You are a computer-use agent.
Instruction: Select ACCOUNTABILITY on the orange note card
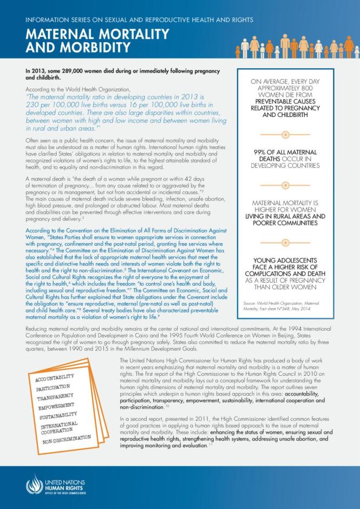click(x=56, y=377)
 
